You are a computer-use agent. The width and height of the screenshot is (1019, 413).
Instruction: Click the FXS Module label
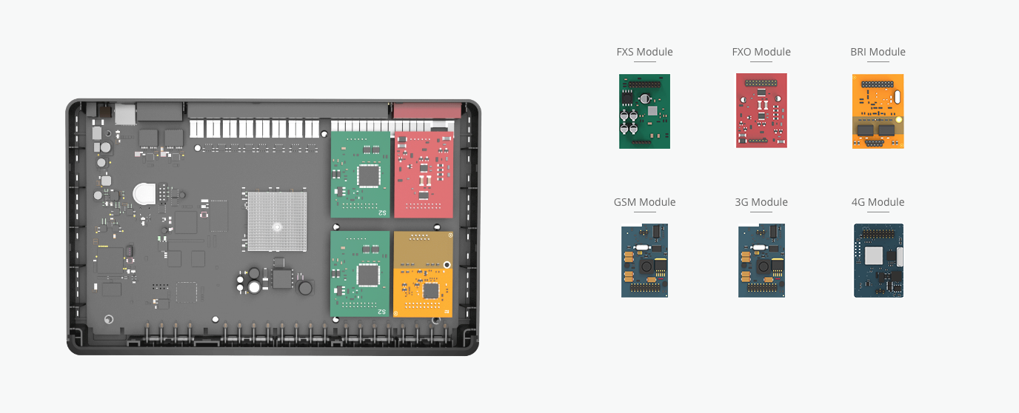coord(644,52)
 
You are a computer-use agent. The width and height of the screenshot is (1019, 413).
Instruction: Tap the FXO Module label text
coord(761,52)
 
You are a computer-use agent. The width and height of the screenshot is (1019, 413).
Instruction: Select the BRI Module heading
coord(878,52)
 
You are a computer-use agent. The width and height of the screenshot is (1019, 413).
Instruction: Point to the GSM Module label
coord(644,202)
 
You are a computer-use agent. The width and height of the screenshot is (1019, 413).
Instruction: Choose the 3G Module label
coord(761,202)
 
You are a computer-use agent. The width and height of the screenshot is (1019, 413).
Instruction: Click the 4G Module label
coord(878,202)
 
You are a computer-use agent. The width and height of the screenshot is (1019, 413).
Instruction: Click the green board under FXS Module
coord(644,111)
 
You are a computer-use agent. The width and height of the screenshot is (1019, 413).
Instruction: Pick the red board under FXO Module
coord(761,110)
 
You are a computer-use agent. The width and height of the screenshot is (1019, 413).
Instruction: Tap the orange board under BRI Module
coord(878,111)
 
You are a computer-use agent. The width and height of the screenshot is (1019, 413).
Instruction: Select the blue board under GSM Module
coord(644,261)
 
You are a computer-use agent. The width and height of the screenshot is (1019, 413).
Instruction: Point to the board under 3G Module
coord(761,261)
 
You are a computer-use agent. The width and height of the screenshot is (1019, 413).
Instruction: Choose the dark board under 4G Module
coord(878,261)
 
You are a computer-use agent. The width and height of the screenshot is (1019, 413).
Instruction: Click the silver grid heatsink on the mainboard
coord(277,221)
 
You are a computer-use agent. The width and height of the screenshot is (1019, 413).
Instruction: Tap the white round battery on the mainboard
coord(144,194)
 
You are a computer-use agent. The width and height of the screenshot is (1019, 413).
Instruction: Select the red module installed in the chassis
coord(422,175)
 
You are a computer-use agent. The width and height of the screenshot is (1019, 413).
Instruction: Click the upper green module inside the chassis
coord(360,175)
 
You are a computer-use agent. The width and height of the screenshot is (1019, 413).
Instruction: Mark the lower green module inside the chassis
coord(360,274)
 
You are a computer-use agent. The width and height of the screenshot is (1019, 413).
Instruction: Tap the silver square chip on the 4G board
coord(874,256)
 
